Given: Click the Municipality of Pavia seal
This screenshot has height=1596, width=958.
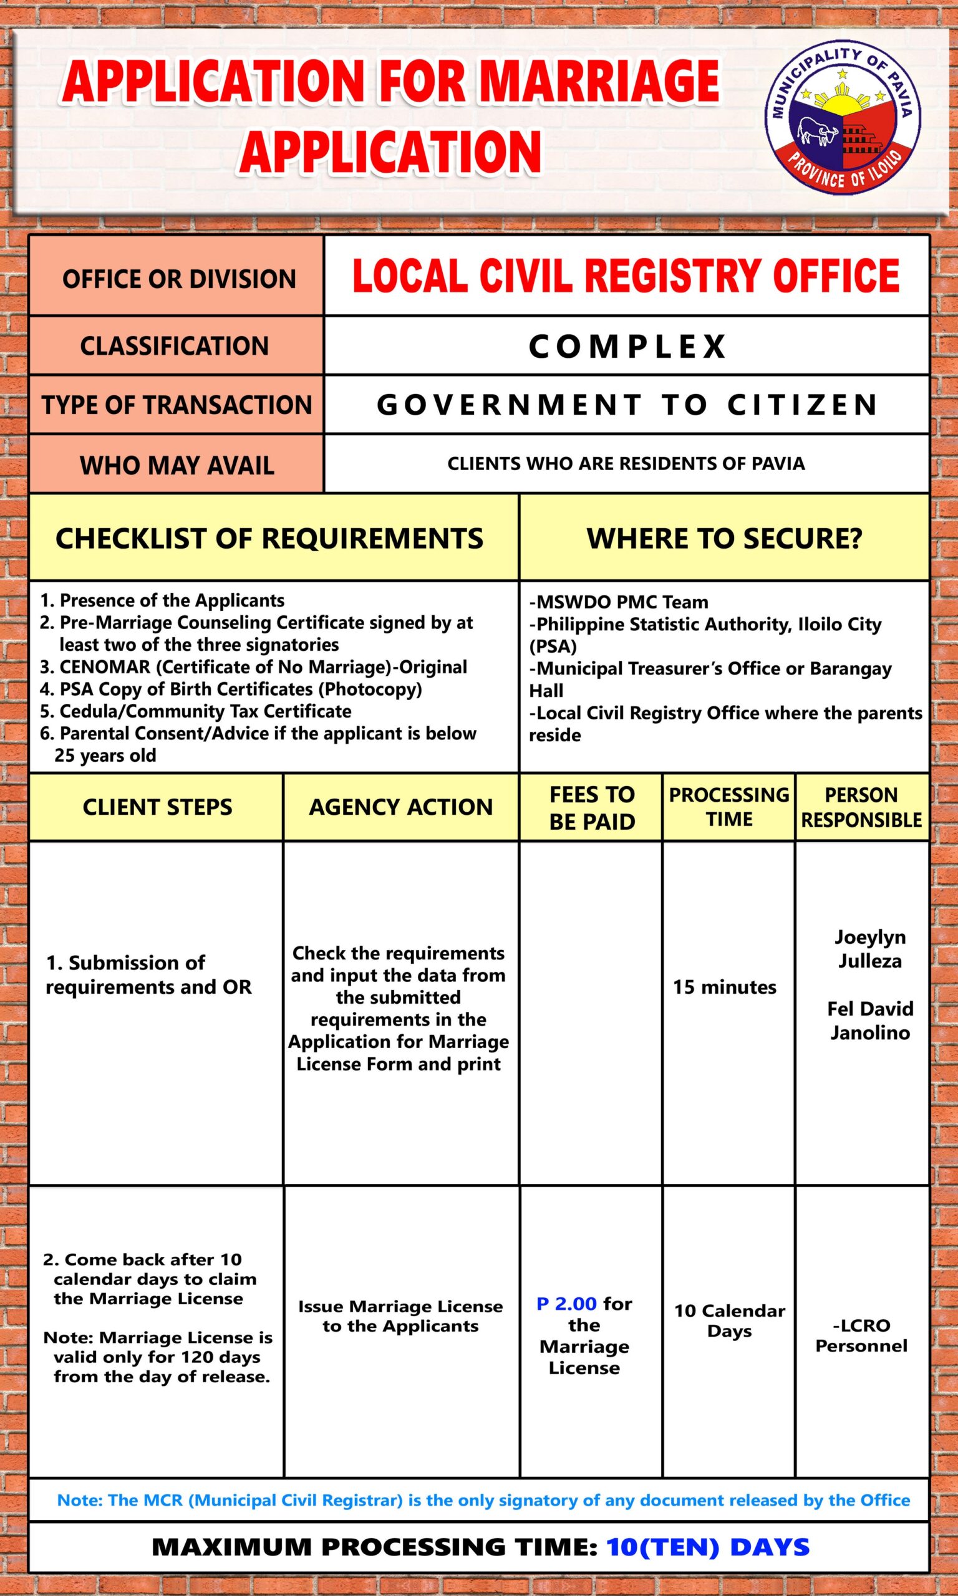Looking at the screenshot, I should (x=843, y=119).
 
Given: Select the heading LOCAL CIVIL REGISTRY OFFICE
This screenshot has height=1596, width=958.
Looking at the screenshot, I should (x=626, y=276).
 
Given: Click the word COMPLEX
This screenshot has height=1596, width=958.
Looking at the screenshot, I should (x=627, y=347).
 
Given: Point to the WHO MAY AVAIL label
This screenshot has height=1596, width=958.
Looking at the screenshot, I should (x=177, y=465).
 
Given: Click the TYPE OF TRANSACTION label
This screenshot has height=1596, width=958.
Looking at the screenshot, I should (x=177, y=405).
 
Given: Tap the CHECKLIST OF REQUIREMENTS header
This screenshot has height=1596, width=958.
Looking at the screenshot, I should (x=269, y=539).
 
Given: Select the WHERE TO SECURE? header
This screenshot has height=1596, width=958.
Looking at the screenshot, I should (x=723, y=539).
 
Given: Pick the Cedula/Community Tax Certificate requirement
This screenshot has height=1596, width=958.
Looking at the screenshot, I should (x=205, y=711).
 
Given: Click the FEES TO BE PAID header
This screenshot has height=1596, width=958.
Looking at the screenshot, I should (x=591, y=808).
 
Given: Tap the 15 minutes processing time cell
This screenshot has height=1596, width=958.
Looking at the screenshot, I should (x=724, y=986).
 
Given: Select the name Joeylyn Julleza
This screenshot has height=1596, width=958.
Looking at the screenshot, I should (x=869, y=949).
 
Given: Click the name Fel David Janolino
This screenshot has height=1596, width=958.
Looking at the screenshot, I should (x=869, y=1021).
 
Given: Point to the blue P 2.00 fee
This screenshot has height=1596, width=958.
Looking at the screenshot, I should (x=566, y=1303).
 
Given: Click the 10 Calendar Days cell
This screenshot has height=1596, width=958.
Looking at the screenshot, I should (x=730, y=1321).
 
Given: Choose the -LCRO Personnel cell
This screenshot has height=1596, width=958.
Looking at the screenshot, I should (x=861, y=1335).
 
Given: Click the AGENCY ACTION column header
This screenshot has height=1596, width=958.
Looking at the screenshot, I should (x=400, y=807).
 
